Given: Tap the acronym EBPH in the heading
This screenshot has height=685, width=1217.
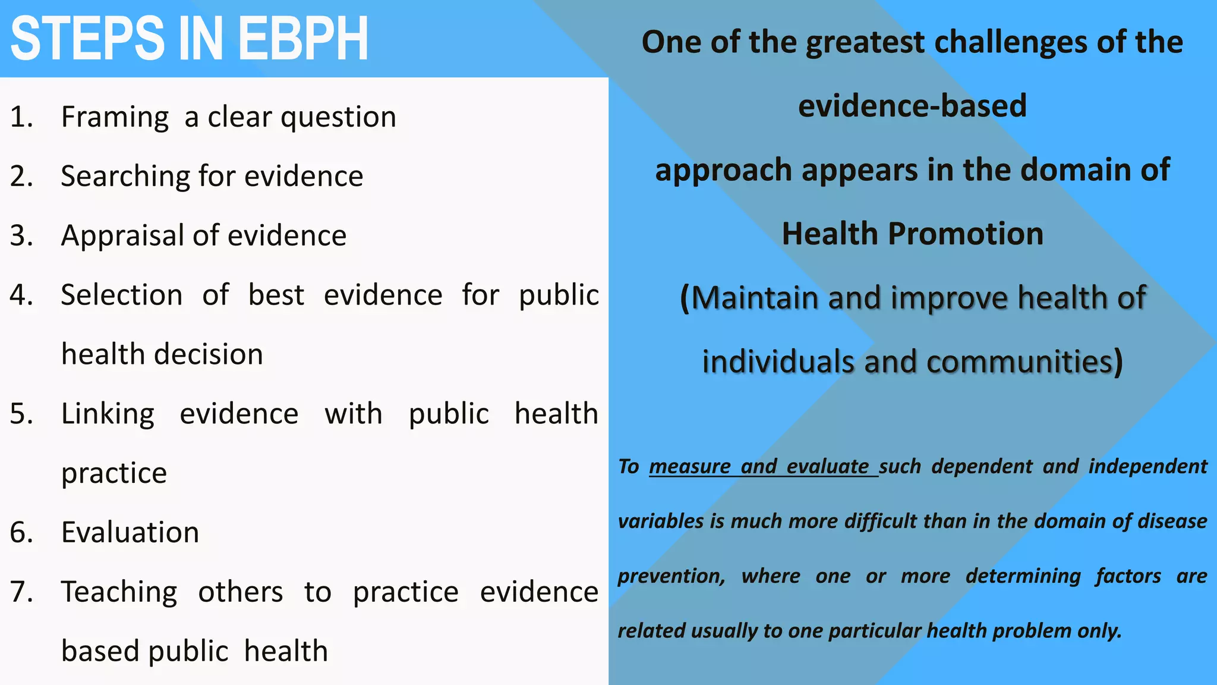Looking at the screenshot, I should tap(303, 39).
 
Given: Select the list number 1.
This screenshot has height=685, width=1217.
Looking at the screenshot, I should tap(21, 117).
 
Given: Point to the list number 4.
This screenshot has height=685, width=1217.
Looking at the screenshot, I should tap(21, 296).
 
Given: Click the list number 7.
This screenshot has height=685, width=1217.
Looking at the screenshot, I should tap(21, 592).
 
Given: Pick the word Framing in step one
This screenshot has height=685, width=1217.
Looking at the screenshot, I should tap(115, 117).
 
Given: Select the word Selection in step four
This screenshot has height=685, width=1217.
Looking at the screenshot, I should tap(122, 296).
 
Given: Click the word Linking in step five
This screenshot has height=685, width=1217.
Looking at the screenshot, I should tap(108, 414).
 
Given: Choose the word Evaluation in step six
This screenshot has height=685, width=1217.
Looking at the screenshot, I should tap(130, 532).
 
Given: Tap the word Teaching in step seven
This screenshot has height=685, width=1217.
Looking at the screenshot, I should tap(119, 592).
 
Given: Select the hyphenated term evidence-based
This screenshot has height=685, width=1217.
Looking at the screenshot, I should tap(912, 106).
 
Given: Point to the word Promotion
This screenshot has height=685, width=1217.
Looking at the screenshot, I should tap(966, 234).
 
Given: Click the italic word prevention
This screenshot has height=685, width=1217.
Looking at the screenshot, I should tap(671, 576).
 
